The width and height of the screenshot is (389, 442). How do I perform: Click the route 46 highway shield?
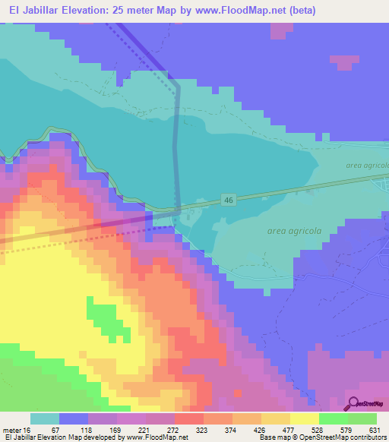pyautogui.click(x=228, y=199)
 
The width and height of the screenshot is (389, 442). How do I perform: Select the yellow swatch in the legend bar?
pyautogui.click(x=305, y=418)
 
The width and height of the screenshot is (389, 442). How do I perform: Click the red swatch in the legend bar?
pyautogui.click(x=188, y=418)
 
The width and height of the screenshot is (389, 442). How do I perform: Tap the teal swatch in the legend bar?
pyautogui.click(x=44, y=418)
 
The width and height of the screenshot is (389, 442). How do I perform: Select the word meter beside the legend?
pyautogui.click(x=12, y=430)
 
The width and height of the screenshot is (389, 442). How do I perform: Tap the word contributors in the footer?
pyautogui.click(x=369, y=437)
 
